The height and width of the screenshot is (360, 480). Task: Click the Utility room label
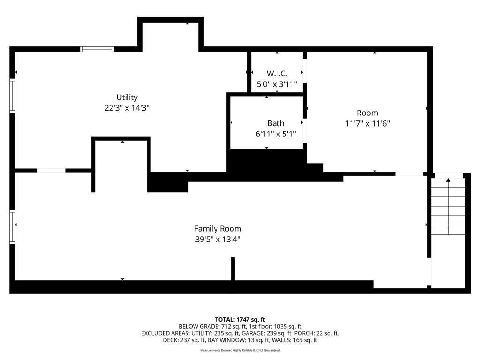coord(127,97)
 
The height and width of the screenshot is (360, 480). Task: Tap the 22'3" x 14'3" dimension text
coord(127,108)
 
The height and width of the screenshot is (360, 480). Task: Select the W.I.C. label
coord(277,74)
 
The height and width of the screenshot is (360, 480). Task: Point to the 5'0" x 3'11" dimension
coord(277,84)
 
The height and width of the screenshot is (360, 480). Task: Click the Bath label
coord(276,123)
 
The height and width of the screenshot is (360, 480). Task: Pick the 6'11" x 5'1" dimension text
coord(276,134)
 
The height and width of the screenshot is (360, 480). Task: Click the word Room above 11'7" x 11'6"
coord(367,112)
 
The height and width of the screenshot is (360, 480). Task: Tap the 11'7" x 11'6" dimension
coord(367,123)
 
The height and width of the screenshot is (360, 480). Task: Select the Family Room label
coord(217,229)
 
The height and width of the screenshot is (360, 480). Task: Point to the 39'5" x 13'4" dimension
coord(217,239)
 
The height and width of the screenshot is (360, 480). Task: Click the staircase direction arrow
coord(448,206)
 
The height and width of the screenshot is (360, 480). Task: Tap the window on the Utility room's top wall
coord(97,49)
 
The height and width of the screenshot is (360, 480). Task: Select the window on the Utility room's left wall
coord(12,96)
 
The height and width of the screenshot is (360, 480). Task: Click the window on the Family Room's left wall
coord(12,227)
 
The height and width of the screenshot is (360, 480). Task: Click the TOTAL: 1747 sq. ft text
coord(240,320)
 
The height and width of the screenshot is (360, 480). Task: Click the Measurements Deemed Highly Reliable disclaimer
coord(240,350)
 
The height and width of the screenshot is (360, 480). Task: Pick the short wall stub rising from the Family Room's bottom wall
coord(233,269)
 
